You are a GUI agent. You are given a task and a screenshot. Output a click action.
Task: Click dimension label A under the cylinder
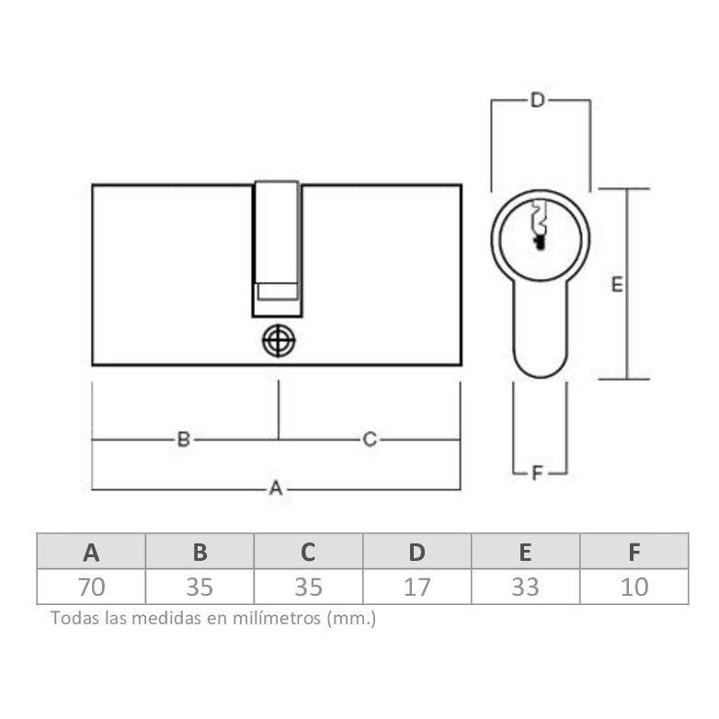(x=275, y=488)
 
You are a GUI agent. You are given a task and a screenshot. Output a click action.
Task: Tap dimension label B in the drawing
(x=183, y=439)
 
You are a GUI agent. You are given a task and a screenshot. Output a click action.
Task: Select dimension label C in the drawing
(x=370, y=439)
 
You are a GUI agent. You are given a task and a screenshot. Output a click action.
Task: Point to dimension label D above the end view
(x=537, y=100)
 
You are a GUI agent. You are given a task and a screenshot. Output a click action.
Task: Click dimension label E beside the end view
(x=617, y=285)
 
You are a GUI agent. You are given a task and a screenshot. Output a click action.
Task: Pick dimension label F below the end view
(x=537, y=473)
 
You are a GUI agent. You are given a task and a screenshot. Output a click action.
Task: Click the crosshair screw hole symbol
(x=279, y=341)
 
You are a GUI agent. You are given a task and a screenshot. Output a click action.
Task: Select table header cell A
(x=91, y=552)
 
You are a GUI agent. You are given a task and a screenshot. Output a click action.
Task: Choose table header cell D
(x=417, y=552)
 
